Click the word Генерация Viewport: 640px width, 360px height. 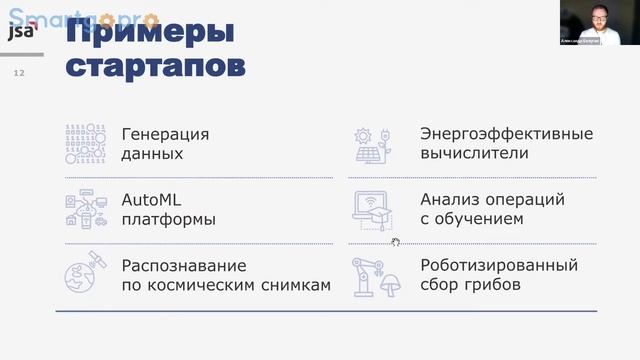(165, 134)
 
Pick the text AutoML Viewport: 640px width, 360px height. (151, 199)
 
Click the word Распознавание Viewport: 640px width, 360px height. (183, 266)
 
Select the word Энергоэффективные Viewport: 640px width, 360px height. (507, 134)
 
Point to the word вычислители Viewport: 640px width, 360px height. (474, 154)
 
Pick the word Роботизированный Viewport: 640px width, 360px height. (499, 266)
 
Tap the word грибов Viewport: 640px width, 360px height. (490, 286)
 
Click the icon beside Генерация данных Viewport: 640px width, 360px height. (86, 144)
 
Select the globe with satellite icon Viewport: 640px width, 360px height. (85, 275)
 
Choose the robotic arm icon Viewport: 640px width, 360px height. (373, 276)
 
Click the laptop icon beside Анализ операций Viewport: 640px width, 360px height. (373, 208)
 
